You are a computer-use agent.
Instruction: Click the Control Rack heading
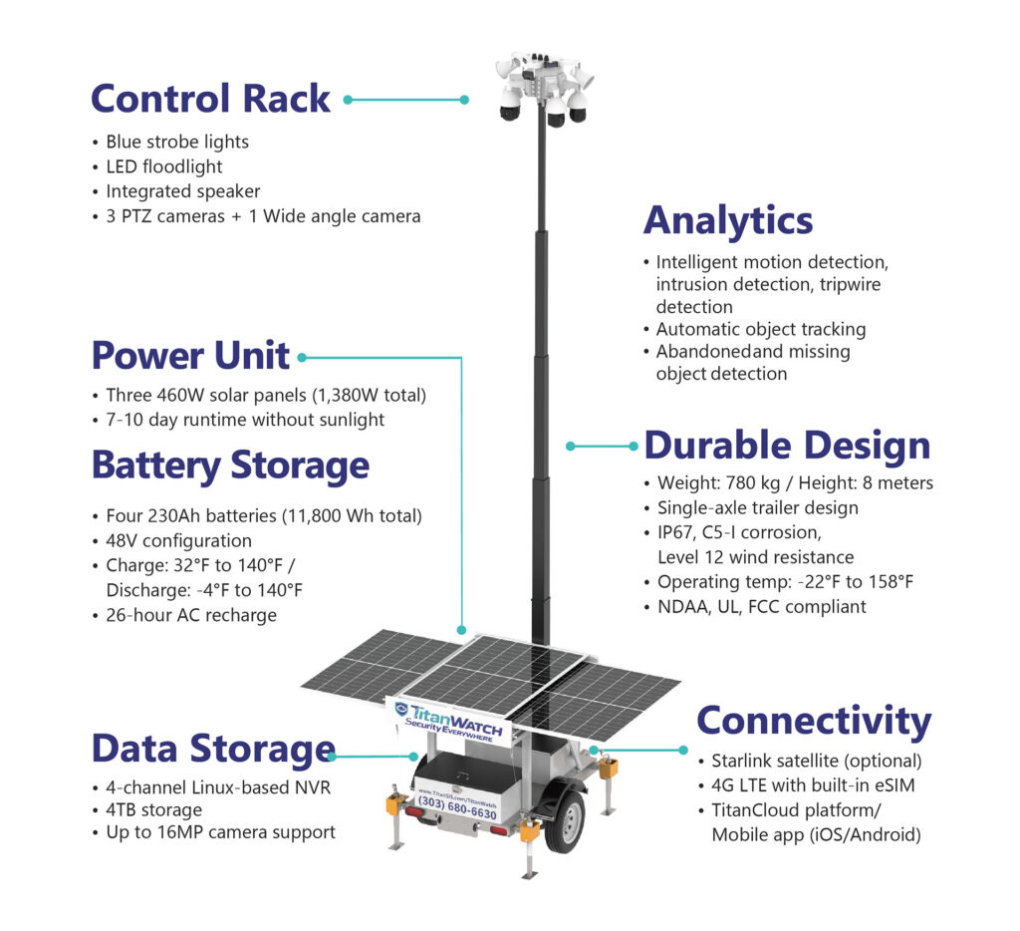pos(211,99)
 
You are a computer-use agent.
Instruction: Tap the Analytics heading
pos(728,221)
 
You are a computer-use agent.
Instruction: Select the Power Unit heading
pos(190,356)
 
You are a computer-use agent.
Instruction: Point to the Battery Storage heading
pos(230,466)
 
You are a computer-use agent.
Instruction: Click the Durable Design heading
pos(787,446)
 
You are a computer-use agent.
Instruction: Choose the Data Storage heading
pos(213,749)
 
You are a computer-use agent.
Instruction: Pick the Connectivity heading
pos(814,722)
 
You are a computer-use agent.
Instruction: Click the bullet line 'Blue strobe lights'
pos(177,142)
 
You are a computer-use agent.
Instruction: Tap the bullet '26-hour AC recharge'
pos(191,615)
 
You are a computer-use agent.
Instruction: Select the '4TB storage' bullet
pos(154,810)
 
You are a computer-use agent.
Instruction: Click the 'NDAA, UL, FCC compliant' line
pos(762,607)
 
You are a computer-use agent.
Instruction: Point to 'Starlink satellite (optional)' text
pos(817,761)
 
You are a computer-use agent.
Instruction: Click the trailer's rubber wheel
pos(564,821)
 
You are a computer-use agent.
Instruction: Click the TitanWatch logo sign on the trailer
pos(450,721)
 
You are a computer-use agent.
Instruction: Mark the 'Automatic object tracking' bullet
pos(760,329)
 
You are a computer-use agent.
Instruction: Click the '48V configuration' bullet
pos(179,541)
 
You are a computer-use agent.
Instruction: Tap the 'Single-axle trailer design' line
pos(758,507)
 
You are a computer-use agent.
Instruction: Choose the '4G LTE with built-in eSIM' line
pos(813,785)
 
